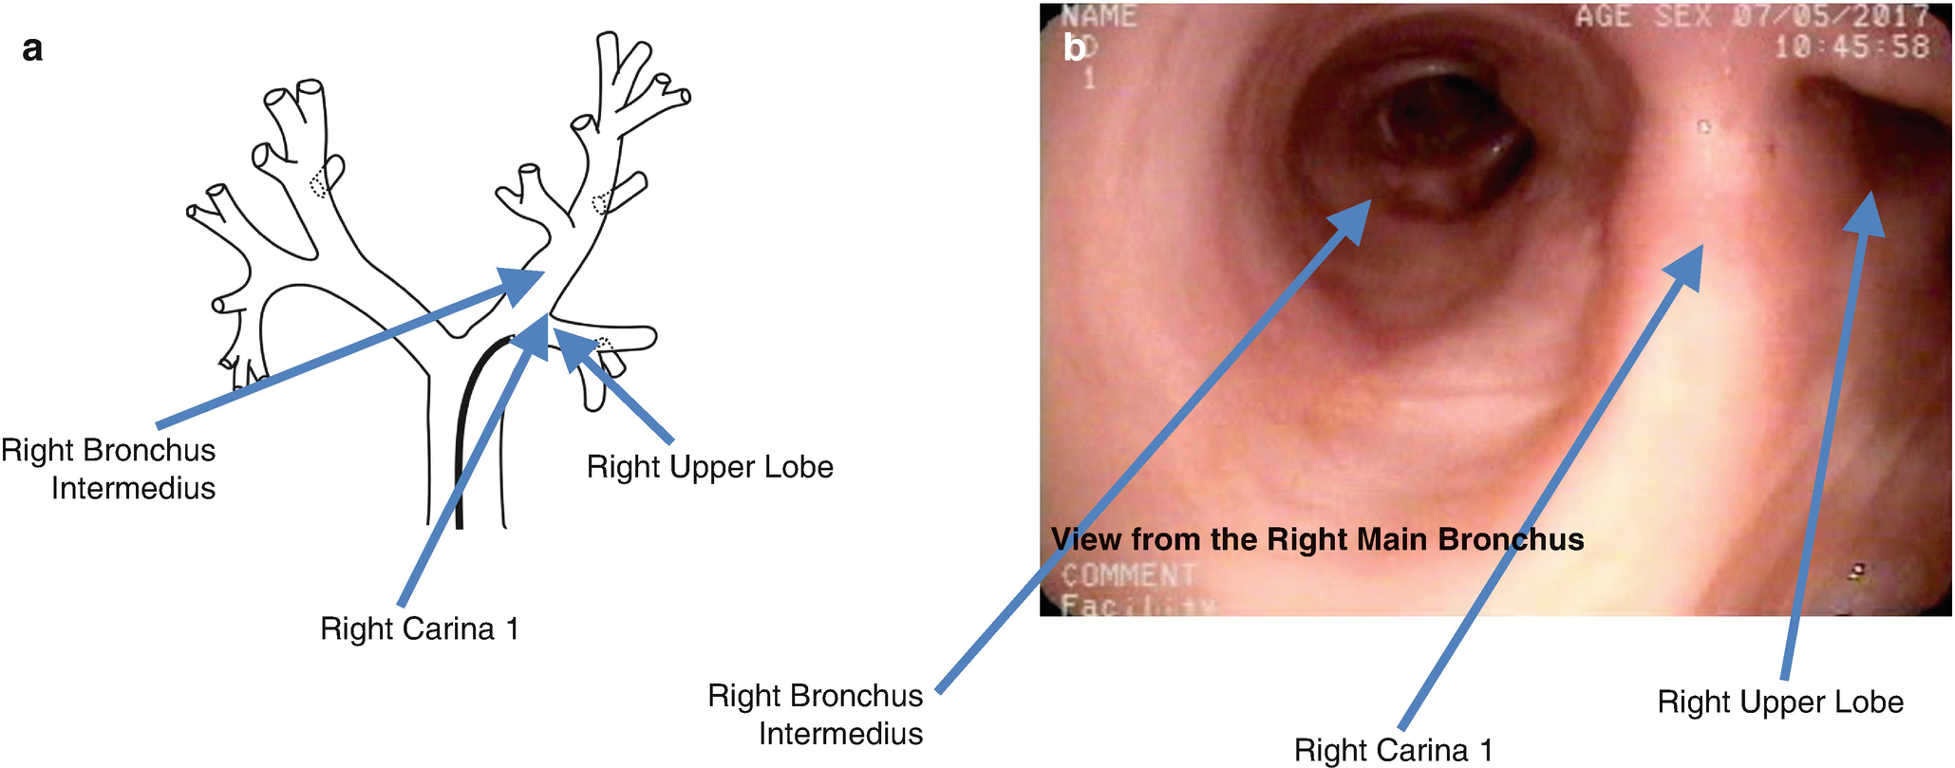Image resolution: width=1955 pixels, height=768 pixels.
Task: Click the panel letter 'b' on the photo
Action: tap(1074, 47)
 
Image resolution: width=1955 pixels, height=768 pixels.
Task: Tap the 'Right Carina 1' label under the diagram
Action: tap(420, 628)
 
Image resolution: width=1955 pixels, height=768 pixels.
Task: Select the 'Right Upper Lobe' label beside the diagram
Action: tap(709, 467)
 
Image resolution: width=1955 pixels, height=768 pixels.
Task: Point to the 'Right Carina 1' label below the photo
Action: tap(1393, 750)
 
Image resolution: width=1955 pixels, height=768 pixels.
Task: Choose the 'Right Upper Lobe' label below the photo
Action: tap(1779, 702)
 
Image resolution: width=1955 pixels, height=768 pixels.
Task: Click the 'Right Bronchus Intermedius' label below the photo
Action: tap(817, 714)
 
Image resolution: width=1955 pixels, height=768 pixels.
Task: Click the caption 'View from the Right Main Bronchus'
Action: tap(1317, 539)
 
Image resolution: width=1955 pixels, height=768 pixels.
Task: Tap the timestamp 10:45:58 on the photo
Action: tap(1851, 47)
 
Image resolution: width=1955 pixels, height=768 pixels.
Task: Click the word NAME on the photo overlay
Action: tap(1099, 16)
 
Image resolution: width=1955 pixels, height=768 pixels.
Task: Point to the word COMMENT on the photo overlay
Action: tap(1127, 574)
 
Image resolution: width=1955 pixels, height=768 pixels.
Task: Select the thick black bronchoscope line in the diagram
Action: tap(461, 427)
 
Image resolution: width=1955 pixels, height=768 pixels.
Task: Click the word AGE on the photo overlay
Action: tap(1604, 16)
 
